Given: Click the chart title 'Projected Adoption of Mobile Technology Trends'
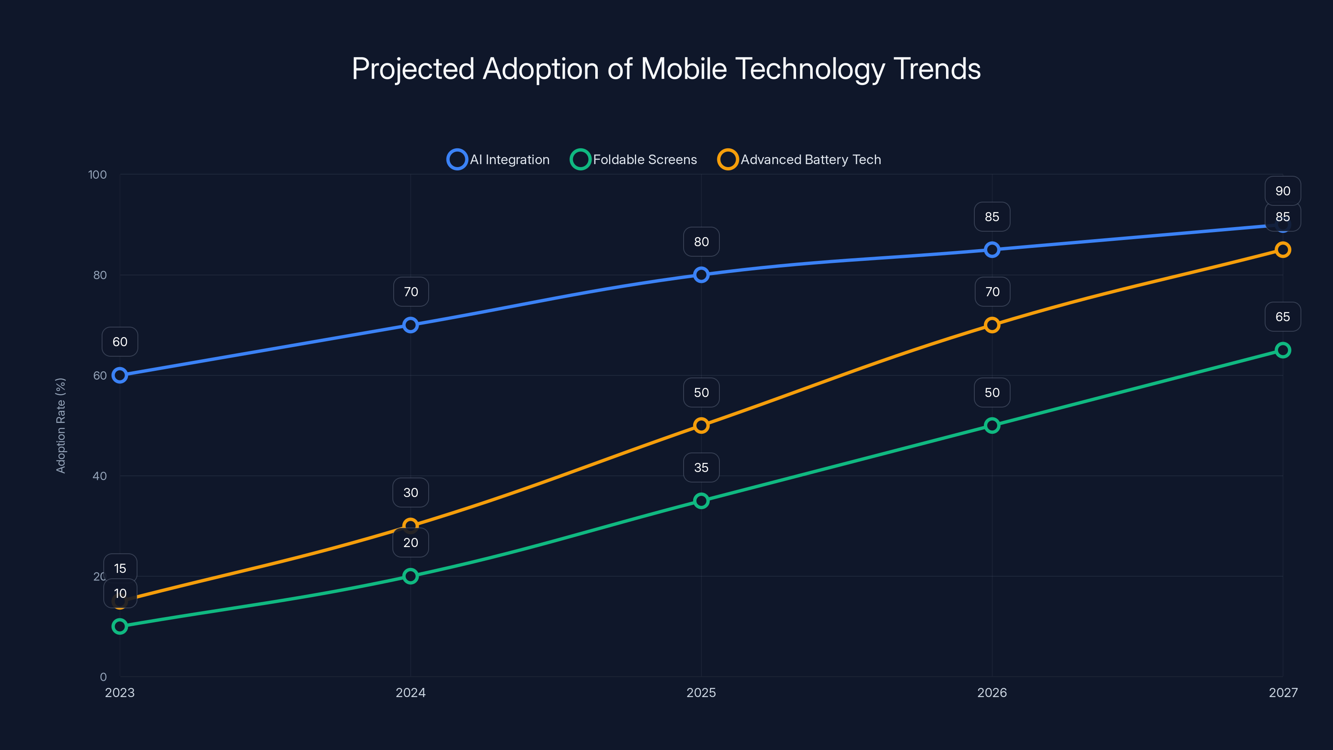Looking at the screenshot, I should click(666, 69).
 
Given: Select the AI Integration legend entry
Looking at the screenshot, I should click(499, 160).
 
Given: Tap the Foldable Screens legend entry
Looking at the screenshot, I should click(634, 160).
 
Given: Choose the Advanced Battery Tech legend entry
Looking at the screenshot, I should click(799, 160).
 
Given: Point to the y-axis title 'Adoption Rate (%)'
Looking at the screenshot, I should click(60, 425).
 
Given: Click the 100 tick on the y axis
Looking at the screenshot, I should click(97, 175).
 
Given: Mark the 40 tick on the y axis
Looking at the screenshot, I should click(100, 476).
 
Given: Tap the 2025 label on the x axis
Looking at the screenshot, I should click(701, 692).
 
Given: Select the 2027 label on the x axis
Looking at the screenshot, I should click(1283, 692).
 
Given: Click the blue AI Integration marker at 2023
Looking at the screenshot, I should click(120, 375).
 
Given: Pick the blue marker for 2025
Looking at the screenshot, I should click(701, 275).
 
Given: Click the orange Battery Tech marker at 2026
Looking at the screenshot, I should click(992, 325).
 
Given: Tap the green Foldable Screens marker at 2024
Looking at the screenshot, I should click(410, 576).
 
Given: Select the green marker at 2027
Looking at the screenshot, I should click(1283, 350).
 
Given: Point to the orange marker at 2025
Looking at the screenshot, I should click(701, 425).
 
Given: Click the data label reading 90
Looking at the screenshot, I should click(1283, 191).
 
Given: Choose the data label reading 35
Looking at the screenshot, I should click(701, 467).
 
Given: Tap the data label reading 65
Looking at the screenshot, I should click(1283, 317).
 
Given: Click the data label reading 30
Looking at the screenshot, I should click(410, 492).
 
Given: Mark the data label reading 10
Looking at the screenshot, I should click(120, 593).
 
